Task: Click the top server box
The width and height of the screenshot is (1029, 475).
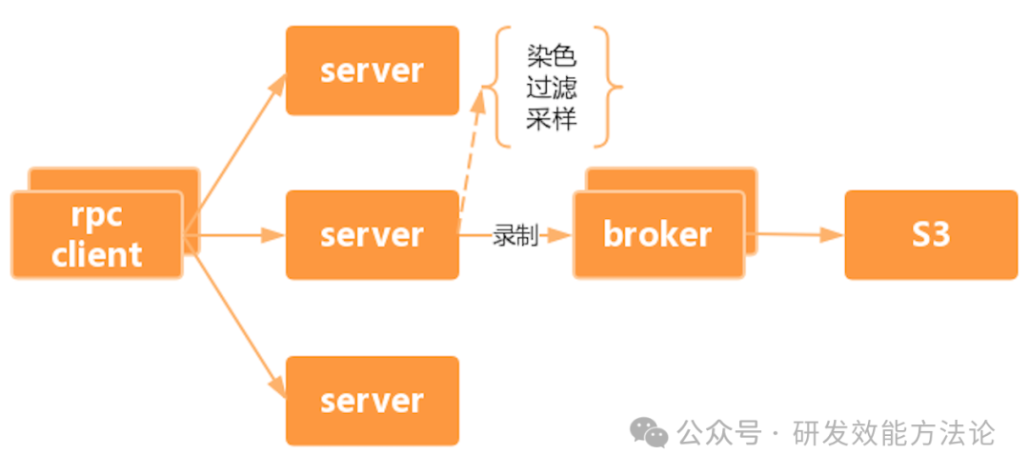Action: (373, 70)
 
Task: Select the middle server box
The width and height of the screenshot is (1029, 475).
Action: (373, 235)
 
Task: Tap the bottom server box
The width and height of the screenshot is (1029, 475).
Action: (373, 401)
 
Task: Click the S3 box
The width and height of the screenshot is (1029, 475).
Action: (931, 234)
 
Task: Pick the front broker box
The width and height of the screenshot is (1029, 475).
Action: (657, 235)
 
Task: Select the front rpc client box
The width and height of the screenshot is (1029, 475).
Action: (96, 235)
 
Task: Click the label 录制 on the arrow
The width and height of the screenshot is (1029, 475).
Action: (515, 235)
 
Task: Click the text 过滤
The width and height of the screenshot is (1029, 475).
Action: (552, 88)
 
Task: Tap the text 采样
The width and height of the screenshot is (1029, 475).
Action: (552, 119)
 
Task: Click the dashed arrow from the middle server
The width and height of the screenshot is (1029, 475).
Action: (472, 152)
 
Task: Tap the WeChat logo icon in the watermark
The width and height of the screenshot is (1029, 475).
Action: (651, 434)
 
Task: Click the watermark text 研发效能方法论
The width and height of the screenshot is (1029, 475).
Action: (894, 434)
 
